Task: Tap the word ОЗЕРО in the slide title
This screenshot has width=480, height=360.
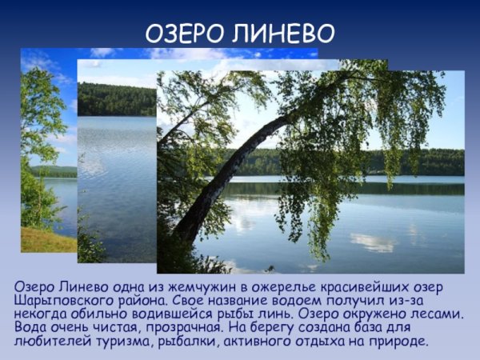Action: click(182, 34)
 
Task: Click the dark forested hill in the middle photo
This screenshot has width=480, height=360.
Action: click(116, 99)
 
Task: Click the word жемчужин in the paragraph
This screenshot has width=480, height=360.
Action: click(173, 287)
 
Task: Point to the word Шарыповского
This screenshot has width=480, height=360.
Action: click(64, 301)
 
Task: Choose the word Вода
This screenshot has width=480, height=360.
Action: click(30, 328)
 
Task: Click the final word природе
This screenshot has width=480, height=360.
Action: click(399, 342)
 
